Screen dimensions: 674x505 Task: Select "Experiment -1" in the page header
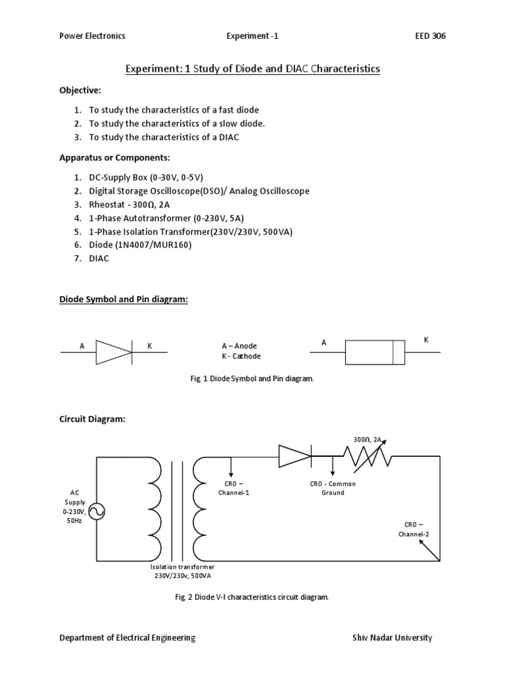tap(252, 36)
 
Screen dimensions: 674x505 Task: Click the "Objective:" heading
tap(80, 90)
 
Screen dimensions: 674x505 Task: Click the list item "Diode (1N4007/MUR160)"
tap(141, 245)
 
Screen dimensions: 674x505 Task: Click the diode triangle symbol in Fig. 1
tap(114, 351)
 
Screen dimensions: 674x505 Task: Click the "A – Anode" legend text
tap(239, 346)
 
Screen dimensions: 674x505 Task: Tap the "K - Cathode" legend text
tap(241, 356)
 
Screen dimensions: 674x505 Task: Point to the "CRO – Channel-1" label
tap(230, 488)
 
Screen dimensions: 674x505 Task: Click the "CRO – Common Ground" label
tap(333, 488)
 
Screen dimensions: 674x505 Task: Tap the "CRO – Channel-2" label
tap(413, 529)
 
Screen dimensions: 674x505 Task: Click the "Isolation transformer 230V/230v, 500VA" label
tap(183, 571)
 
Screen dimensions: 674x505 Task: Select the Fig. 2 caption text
tap(249, 597)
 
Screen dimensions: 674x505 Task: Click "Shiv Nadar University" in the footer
tap(393, 637)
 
